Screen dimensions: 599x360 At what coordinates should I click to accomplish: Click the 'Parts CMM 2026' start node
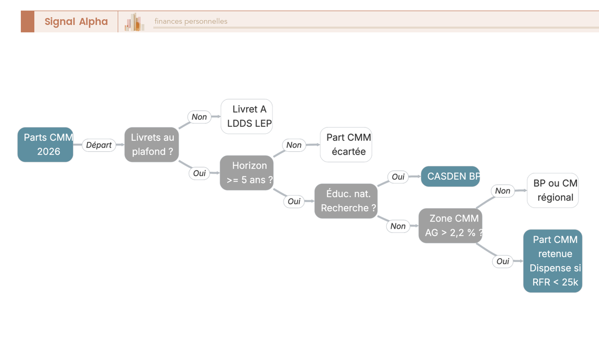45,144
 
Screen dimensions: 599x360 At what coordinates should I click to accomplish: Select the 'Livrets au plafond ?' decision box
152,144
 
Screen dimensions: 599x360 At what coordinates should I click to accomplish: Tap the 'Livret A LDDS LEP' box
247,116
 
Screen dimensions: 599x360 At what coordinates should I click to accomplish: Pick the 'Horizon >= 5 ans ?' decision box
247,173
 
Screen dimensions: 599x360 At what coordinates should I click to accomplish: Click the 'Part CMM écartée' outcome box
346,144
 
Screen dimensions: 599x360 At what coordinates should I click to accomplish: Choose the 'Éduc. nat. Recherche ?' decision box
346,201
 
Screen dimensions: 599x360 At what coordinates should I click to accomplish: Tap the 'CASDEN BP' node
450,176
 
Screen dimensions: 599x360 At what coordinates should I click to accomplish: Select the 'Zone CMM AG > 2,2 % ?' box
450,226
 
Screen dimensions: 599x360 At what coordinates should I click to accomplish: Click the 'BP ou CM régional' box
553,190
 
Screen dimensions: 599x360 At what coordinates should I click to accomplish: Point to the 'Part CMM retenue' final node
553,261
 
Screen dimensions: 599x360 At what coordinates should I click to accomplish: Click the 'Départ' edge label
99,145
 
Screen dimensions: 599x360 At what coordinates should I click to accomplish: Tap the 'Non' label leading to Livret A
199,117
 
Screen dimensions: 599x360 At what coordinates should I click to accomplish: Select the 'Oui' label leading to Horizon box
199,173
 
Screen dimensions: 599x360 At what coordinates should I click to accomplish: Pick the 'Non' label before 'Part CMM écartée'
294,145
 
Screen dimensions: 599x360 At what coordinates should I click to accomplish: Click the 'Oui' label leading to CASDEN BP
398,177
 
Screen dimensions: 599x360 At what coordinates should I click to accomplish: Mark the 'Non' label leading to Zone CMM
398,226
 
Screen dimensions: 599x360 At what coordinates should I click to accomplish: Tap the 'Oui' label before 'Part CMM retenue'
503,261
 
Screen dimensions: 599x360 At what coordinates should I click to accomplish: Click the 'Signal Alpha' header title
76,21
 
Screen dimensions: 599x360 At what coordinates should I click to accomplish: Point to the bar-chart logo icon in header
134,21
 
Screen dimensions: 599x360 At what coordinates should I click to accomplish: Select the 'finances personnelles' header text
191,21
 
